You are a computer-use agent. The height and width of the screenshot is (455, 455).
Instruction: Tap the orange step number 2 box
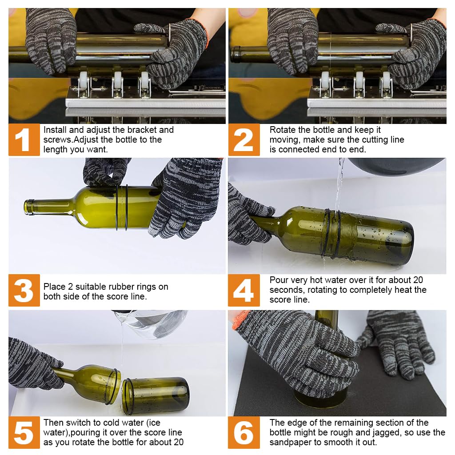(244, 140)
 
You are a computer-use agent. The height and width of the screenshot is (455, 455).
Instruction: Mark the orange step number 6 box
(244, 432)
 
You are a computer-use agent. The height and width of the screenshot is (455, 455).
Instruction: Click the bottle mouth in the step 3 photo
(29, 207)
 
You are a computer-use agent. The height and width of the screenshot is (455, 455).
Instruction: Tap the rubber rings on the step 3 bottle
(122, 208)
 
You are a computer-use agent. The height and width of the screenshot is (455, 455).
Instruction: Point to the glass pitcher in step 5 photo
(151, 323)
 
